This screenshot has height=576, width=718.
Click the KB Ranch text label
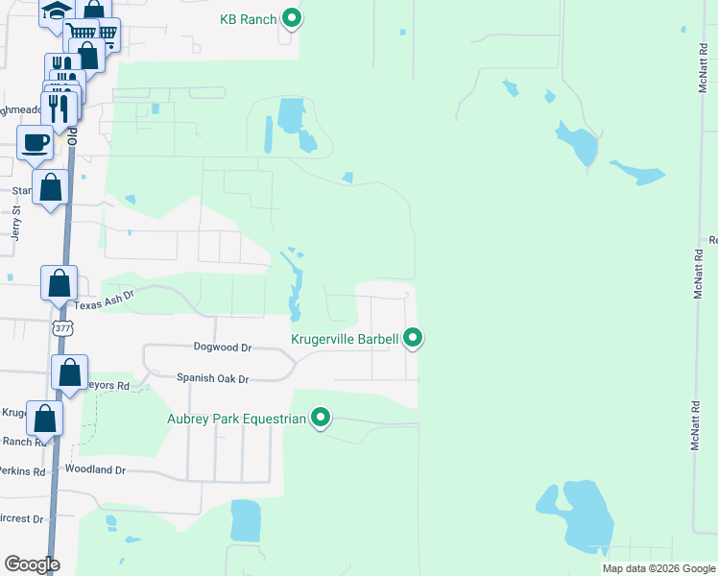pyautogui.click(x=249, y=18)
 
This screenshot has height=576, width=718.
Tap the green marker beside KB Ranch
pyautogui.click(x=292, y=18)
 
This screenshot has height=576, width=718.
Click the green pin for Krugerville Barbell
pyautogui.click(x=413, y=338)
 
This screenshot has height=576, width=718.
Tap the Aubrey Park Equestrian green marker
pyautogui.click(x=322, y=418)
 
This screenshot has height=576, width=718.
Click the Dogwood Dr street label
pyautogui.click(x=222, y=348)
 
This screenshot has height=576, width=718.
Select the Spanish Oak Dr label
pyautogui.click(x=212, y=379)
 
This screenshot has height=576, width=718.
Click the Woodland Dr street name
pyautogui.click(x=95, y=469)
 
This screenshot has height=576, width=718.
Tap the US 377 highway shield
pyautogui.click(x=63, y=328)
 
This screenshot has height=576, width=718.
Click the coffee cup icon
pyautogui.click(x=36, y=144)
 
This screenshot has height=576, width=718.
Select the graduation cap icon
pyautogui.click(x=56, y=11)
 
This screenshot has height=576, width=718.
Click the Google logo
pyautogui.click(x=32, y=564)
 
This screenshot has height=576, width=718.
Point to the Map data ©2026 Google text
pyautogui.click(x=658, y=568)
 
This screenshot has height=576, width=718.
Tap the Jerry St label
pyautogui.click(x=15, y=228)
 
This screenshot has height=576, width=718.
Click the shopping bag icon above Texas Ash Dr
pyautogui.click(x=60, y=284)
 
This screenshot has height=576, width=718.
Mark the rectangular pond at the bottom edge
pyautogui.click(x=246, y=520)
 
